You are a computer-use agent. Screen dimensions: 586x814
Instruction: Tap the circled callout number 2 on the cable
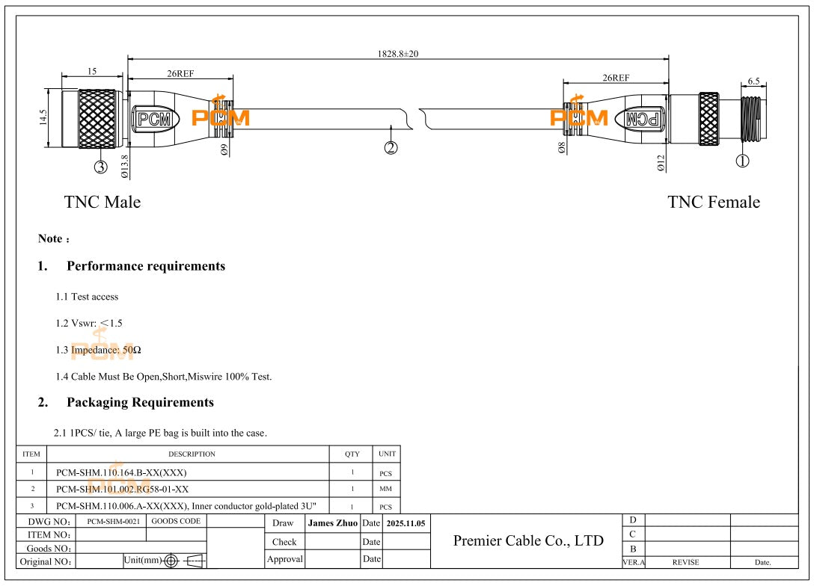click(391, 147)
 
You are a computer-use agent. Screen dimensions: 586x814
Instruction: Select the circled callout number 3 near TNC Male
click(100, 167)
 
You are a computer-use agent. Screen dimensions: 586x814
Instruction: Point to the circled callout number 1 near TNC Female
click(743, 161)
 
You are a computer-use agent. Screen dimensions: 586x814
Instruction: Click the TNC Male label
click(102, 202)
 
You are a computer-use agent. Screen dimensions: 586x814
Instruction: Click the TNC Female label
click(713, 202)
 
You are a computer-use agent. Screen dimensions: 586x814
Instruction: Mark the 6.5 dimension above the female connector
click(753, 81)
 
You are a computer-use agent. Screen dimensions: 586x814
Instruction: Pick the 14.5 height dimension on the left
click(43, 119)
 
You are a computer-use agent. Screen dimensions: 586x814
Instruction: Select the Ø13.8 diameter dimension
click(124, 166)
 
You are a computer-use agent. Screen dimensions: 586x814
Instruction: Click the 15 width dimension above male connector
click(91, 71)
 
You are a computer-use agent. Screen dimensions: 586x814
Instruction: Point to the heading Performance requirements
click(146, 266)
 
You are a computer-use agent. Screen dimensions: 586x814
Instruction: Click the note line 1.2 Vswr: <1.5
click(88, 323)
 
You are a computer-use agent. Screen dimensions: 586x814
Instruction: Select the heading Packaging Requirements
click(140, 402)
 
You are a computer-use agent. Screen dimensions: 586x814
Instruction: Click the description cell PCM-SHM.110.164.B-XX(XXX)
click(121, 472)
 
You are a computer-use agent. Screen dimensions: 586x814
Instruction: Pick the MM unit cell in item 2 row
click(386, 490)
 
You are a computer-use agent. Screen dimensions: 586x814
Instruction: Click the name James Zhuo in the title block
click(332, 523)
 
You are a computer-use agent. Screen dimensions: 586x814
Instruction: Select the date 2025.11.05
click(406, 523)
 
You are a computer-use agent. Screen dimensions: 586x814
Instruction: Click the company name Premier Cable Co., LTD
click(528, 540)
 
